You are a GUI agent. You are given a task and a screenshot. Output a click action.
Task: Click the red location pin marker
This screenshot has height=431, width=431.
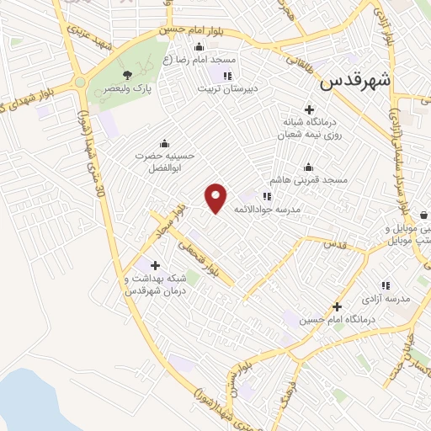(x=216, y=198)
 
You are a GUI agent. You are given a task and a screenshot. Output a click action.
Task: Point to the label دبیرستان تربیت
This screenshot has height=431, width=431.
(x=231, y=88)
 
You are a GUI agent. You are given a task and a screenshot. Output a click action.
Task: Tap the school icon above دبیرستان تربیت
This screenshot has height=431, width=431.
(x=226, y=75)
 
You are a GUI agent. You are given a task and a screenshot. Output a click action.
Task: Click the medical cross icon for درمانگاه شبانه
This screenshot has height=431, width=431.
(x=310, y=110)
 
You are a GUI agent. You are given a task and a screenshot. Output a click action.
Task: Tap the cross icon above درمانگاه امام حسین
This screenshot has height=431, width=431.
(x=337, y=306)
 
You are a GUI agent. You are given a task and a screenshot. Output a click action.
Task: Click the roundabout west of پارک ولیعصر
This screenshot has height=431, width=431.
(x=81, y=82)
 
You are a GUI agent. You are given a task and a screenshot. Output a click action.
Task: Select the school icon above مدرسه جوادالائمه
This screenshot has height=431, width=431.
(x=267, y=196)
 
